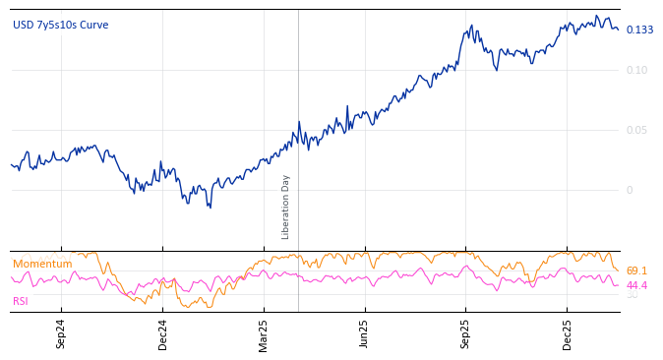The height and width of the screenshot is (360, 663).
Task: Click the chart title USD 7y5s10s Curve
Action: pos(61,25)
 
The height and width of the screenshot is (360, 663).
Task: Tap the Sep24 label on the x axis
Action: pos(61,333)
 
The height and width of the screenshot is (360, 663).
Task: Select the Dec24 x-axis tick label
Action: pos(163,333)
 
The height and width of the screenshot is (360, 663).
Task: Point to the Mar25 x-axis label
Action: pos(264,333)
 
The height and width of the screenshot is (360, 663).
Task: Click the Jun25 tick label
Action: pos(365,333)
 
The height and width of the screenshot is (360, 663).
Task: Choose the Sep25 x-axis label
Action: pos(466,333)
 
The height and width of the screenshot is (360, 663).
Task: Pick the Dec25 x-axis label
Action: pos(568,333)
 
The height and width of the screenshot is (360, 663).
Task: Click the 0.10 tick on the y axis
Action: pos(636,70)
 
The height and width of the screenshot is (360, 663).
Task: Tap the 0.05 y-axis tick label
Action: pos(636,130)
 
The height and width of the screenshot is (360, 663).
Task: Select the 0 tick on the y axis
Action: pos(630,190)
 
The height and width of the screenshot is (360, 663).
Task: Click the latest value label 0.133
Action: pos(639,30)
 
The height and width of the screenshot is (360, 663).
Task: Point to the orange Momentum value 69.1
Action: pos(636,270)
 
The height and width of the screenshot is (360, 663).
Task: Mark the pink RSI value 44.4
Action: pos(636,285)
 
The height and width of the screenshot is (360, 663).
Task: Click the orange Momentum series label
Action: pos(42,264)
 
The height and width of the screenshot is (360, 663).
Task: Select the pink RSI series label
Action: pos(21,301)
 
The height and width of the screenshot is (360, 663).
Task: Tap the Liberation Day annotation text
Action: pos(286,207)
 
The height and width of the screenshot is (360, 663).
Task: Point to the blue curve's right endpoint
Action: pos(619,30)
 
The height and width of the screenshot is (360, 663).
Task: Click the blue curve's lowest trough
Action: pos(210,207)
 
